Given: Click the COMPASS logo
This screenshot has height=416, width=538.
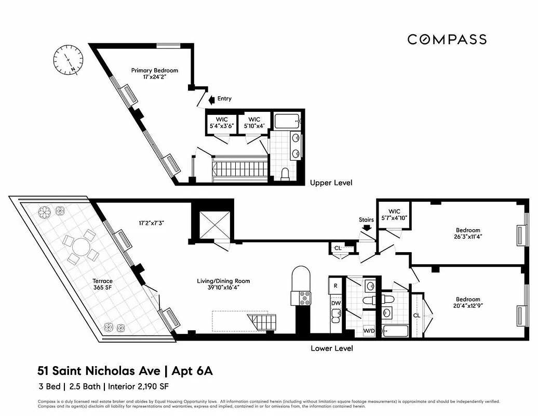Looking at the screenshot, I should tap(447, 40).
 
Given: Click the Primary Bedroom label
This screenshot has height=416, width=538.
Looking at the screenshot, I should tap(154, 74).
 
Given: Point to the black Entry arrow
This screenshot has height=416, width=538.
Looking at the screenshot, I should tap(210, 99).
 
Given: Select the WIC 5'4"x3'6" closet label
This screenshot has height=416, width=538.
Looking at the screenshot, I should tap(222, 123).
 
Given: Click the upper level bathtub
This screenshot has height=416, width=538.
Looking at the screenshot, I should tap(286, 122).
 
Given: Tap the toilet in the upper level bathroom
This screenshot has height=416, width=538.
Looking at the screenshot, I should tap(285, 174).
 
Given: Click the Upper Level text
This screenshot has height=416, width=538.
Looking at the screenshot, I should tap(331, 183).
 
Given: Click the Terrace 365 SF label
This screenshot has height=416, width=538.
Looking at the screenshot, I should tap(102, 284).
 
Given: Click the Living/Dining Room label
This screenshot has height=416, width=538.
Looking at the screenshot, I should tap(218, 284).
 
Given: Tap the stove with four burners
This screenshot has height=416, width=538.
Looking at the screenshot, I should tap(302, 297).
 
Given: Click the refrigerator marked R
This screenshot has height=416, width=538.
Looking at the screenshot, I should tap(335, 285).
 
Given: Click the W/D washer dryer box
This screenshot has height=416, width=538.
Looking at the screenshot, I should tap(369, 330).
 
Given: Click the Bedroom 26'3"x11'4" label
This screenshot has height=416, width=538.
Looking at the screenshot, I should tap(468, 233).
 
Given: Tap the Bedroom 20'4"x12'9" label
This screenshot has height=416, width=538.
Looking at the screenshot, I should tap(468, 302).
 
